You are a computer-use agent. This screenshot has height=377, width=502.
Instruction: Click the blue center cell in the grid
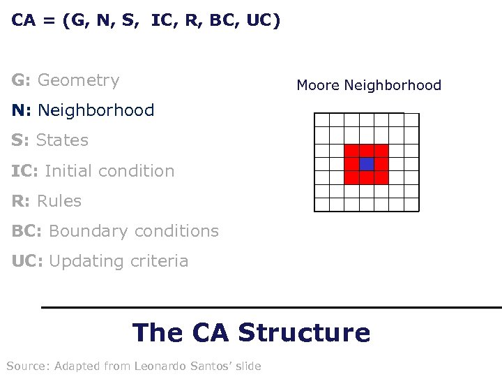pos(367,164)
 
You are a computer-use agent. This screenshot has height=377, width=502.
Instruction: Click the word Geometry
pos(78,80)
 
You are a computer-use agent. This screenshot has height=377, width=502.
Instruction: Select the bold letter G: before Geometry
pos(21,80)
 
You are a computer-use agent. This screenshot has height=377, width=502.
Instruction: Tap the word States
pos(62,140)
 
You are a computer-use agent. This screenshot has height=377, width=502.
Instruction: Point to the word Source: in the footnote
pos(26,366)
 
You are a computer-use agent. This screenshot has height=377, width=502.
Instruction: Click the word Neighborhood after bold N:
pos(96,110)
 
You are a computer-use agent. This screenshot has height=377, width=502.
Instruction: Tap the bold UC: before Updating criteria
pos(27,261)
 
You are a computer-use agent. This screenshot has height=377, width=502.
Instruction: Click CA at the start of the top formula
pos(24,21)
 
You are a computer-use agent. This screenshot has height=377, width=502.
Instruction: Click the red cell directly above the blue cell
pos(367,150)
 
